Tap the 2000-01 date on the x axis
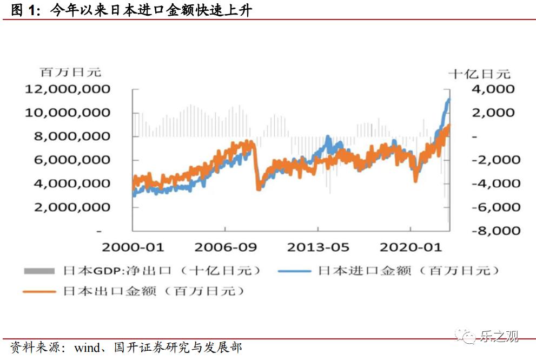(133, 247)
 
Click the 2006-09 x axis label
(226, 247)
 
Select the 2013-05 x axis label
(318, 247)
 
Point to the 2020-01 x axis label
(411, 247)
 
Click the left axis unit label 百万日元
(70, 71)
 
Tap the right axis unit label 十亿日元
(480, 74)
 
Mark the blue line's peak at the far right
(448, 100)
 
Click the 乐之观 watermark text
(499, 337)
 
